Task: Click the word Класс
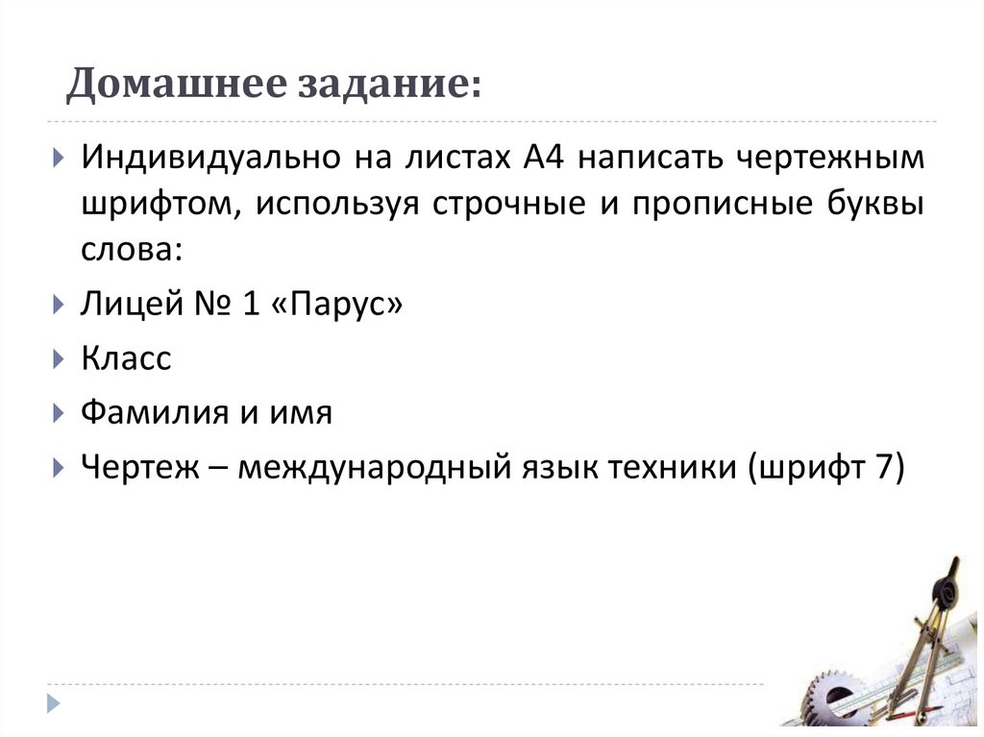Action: point(126,359)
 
